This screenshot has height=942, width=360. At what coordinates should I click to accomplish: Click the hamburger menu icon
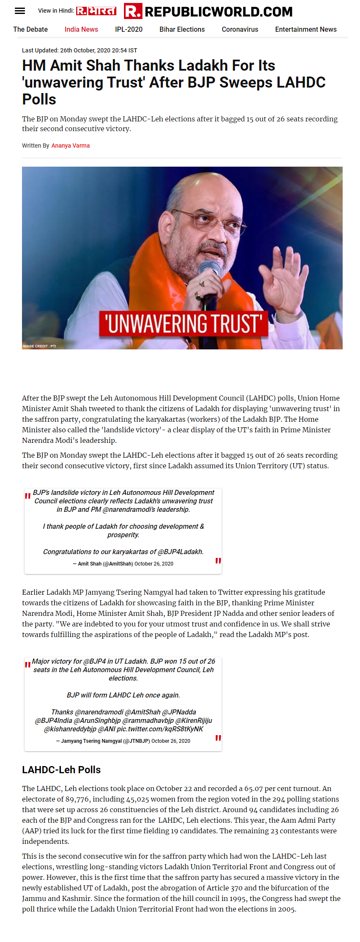(x=20, y=11)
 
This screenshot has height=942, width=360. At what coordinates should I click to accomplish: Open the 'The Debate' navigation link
(x=30, y=30)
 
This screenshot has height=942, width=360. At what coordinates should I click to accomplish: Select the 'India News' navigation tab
(x=81, y=30)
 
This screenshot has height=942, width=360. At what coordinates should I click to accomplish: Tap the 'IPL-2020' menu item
(x=129, y=30)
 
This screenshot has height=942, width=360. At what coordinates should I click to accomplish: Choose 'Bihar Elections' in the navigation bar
(x=182, y=30)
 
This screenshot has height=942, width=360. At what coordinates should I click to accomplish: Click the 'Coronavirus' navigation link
(x=240, y=30)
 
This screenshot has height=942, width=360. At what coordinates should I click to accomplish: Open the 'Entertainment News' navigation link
(x=306, y=30)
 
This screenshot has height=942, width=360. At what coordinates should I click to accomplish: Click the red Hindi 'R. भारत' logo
(x=96, y=11)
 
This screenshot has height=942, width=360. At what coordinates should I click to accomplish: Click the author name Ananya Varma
(x=71, y=146)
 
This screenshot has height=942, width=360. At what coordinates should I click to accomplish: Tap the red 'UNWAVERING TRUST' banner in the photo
(x=184, y=324)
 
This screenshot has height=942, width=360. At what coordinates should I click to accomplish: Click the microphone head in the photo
(x=210, y=269)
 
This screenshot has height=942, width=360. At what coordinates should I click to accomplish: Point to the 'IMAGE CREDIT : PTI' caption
(x=39, y=346)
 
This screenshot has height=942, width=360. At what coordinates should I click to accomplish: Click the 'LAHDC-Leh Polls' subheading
(x=61, y=770)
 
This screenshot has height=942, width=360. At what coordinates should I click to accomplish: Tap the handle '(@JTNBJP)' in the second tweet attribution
(x=137, y=741)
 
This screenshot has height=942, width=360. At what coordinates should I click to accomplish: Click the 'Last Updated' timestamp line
(x=80, y=50)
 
